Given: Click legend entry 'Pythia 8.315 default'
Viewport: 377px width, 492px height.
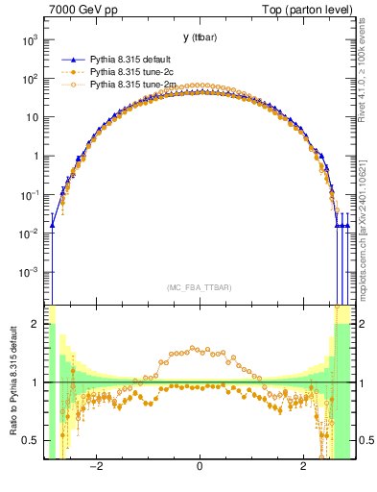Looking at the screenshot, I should coord(130,60).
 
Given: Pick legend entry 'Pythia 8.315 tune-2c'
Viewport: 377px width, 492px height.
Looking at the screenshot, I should coord(130,72).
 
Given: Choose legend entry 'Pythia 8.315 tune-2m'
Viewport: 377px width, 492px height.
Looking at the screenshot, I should coord(130,85).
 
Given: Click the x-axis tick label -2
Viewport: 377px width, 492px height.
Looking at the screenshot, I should coord(95,467).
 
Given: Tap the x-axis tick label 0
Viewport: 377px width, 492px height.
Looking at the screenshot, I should coord(199,467).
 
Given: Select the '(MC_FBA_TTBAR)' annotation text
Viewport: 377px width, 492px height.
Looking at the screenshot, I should coord(199,287).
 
